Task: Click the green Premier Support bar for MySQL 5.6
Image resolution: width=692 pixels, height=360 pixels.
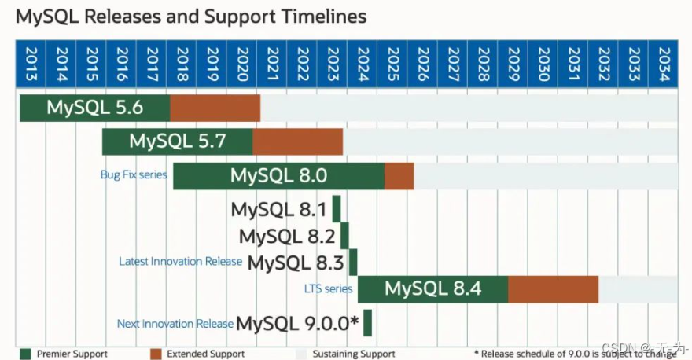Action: coord(94,108)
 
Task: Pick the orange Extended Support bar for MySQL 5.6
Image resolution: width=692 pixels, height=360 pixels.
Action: coord(215,108)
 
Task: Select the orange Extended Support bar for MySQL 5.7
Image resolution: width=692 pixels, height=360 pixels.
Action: coord(297,142)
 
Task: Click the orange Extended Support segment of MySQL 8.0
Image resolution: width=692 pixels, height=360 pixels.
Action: coord(399,176)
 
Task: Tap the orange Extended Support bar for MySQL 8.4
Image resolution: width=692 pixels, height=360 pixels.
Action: coord(553,289)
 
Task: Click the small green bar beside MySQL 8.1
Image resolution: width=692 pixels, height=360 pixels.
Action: coord(337,210)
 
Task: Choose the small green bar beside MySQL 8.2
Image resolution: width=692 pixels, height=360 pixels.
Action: coord(344,236)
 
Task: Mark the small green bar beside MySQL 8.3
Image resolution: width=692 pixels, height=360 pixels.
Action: coord(353,262)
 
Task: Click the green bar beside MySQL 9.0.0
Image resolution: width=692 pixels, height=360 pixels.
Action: coord(367,323)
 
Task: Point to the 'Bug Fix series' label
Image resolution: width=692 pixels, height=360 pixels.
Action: coord(134,174)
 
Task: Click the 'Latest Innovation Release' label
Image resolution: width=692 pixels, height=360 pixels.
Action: coord(180,261)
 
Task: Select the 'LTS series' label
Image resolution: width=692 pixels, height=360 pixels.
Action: coord(328,288)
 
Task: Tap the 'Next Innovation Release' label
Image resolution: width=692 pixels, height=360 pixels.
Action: coord(175,323)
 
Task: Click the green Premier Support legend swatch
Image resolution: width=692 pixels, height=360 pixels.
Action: coord(25,354)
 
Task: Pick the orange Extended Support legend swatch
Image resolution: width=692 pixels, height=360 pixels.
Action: coord(156,354)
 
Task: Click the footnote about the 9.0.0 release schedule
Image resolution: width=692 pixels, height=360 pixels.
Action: coord(574,354)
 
